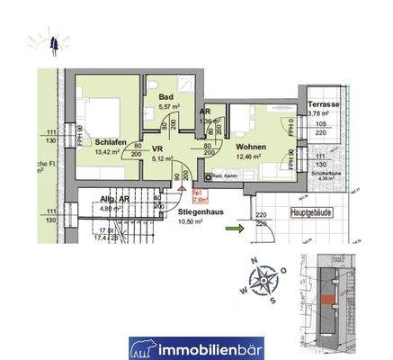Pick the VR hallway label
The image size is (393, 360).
coord(156,151)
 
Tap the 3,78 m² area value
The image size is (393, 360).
coord(319,113)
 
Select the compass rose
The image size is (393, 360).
coord(263,280)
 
